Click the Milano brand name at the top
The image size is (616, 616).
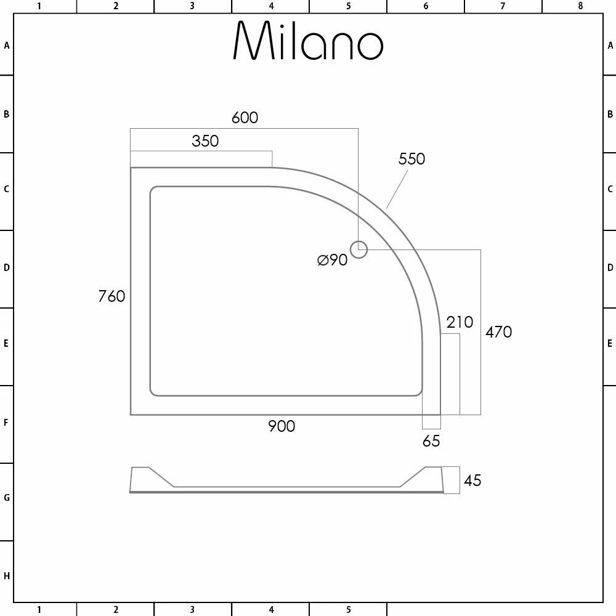pos(308,42)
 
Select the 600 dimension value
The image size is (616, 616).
pos(245,117)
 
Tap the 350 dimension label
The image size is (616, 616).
pos(205,141)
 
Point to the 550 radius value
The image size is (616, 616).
pos(411,159)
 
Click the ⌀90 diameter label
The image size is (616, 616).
pos(333,260)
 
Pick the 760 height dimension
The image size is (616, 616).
pos(111,296)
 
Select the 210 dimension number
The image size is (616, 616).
pos(460,322)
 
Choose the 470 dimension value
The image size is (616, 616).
pos(498,332)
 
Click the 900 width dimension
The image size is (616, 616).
pos(282,426)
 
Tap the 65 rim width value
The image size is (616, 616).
pos(431,441)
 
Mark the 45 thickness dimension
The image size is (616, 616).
pos(472,480)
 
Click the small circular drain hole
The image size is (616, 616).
pos(359,249)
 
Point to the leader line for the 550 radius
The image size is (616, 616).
pos(397,189)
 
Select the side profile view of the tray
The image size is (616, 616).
pos(286,481)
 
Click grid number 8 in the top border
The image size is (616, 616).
pos(580,6)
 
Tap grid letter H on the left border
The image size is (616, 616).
pos(6,576)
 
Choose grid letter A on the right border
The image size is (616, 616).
pos(610,46)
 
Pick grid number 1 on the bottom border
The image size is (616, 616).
pos(39,610)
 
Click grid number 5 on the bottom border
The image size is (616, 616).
pos(348,610)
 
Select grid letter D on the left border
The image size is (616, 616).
pos(6,268)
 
